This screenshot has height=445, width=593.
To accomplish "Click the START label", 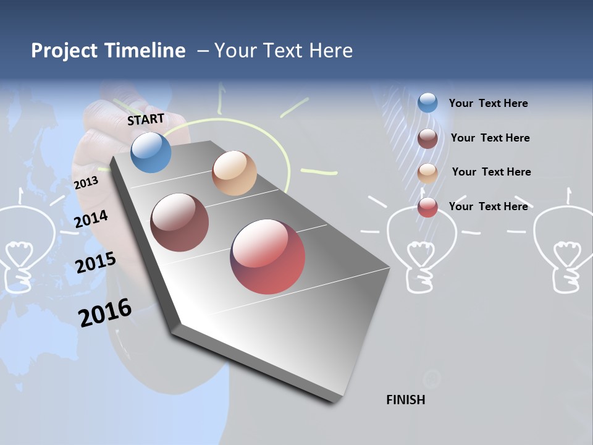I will click(x=146, y=119).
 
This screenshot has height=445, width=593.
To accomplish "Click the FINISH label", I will click(x=405, y=400).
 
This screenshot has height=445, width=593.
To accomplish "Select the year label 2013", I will click(x=86, y=182).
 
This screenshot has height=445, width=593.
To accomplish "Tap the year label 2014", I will click(x=91, y=219).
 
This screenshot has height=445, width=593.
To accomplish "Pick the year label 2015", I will click(x=95, y=263).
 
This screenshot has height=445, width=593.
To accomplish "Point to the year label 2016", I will click(x=105, y=313).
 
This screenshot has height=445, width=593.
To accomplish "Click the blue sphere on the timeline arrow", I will click(x=151, y=153).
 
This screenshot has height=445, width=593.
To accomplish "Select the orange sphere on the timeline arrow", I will click(x=234, y=173).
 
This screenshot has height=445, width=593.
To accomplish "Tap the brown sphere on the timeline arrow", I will click(x=180, y=222).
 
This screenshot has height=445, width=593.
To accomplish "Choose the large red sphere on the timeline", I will click(x=267, y=256).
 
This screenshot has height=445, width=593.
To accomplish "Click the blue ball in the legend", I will click(x=427, y=103).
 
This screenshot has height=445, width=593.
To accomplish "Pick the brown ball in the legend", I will click(x=427, y=138).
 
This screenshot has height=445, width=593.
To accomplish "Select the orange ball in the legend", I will click(x=427, y=172).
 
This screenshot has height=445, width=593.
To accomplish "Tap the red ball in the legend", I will click(x=427, y=207).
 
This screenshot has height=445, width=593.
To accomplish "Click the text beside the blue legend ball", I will click(x=488, y=103).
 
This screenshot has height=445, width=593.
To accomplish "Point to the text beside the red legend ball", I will click(x=488, y=206).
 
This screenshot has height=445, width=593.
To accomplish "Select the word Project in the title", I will click(x=65, y=51).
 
